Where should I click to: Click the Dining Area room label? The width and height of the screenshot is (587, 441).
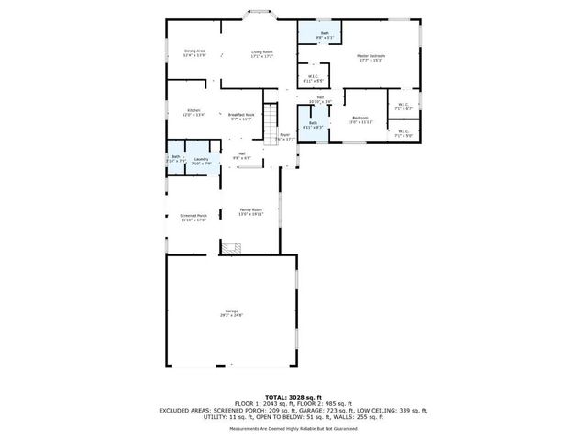(x=194, y=53)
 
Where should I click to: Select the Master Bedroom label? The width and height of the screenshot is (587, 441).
(x=371, y=58)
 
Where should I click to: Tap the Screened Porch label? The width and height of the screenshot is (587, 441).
(x=194, y=218)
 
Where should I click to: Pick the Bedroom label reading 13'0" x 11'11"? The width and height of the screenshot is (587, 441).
(x=361, y=119)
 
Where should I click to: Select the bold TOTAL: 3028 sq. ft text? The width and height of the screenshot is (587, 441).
(x=293, y=396)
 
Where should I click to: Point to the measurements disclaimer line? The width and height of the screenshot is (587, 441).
(x=293, y=428)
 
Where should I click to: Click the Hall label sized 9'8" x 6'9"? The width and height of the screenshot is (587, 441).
(x=241, y=155)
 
